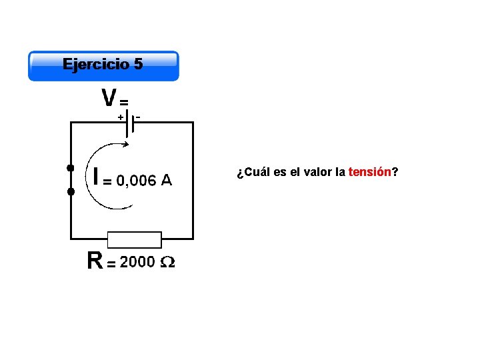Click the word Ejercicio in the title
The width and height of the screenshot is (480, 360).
[95, 64]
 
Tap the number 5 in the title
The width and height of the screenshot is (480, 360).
[138, 64]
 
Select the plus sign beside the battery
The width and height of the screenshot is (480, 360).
[121, 117]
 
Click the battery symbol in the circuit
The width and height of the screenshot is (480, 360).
[131, 123]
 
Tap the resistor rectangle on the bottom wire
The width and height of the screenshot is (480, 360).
[135, 239]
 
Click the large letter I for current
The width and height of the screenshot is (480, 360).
[97, 177]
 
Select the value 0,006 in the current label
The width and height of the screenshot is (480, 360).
[136, 180]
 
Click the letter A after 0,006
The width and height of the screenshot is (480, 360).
[166, 180]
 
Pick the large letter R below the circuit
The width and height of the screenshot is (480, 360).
[95, 261]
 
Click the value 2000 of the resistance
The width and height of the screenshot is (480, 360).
[137, 262]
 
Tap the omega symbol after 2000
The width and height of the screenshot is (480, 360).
[169, 263]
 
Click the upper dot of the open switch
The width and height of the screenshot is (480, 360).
[70, 167]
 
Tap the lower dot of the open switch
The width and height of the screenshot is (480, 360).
[70, 192]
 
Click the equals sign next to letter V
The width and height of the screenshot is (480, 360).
[124, 102]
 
